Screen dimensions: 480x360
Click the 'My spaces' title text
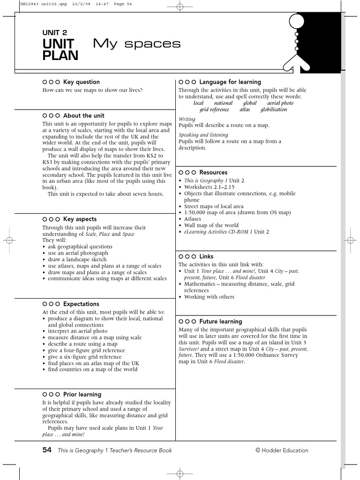136,44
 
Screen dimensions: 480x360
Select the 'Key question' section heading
81,82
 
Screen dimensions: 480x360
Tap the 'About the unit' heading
83,116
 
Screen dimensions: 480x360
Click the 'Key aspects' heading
80,219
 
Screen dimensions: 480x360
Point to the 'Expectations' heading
81,304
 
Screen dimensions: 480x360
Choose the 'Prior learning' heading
82,395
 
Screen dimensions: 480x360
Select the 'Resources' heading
213,172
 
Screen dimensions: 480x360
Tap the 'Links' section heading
206,256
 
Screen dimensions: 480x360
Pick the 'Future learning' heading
220,322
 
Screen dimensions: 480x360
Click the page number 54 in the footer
46,450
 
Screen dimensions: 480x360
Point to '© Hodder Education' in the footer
282,450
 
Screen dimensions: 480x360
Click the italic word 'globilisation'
273,110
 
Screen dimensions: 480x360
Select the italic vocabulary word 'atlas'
245,110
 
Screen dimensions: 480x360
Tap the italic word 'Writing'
187,119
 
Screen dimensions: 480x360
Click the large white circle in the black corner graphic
297,21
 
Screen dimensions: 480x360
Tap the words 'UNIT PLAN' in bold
60,50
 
